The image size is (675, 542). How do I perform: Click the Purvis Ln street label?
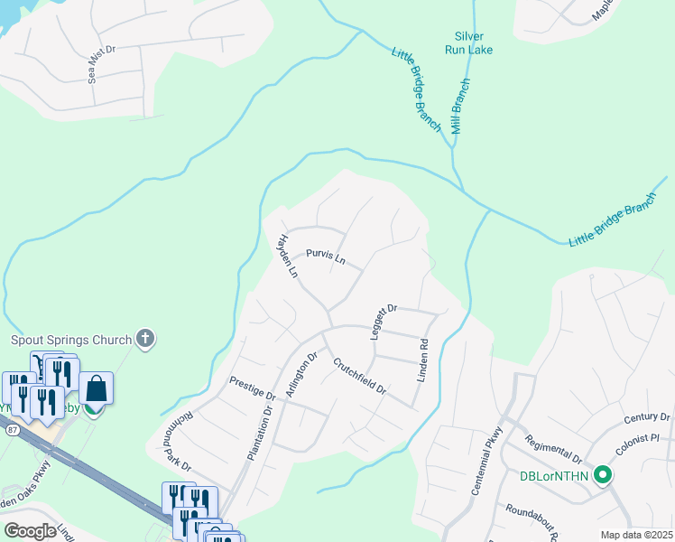point(326,257)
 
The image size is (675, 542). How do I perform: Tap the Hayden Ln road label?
point(287,257)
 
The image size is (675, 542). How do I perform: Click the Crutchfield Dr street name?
point(359,377)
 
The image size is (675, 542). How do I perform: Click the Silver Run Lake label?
point(468,42)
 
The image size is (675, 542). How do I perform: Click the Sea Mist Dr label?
point(103,64)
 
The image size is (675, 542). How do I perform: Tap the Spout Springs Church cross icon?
point(144,340)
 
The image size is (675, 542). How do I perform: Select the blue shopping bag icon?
point(97,388)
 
